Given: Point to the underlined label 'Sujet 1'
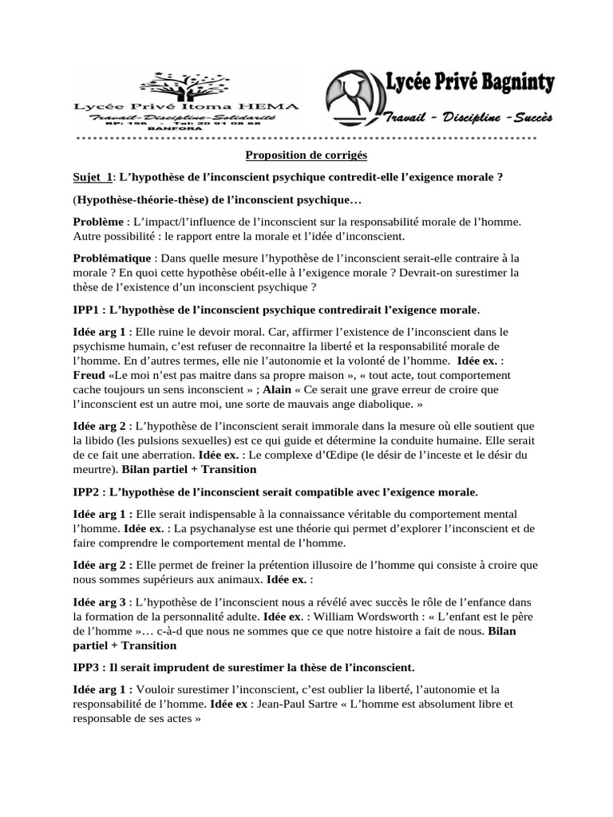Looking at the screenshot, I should pos(89,177).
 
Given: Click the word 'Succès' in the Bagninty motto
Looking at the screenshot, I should pos(530,118).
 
